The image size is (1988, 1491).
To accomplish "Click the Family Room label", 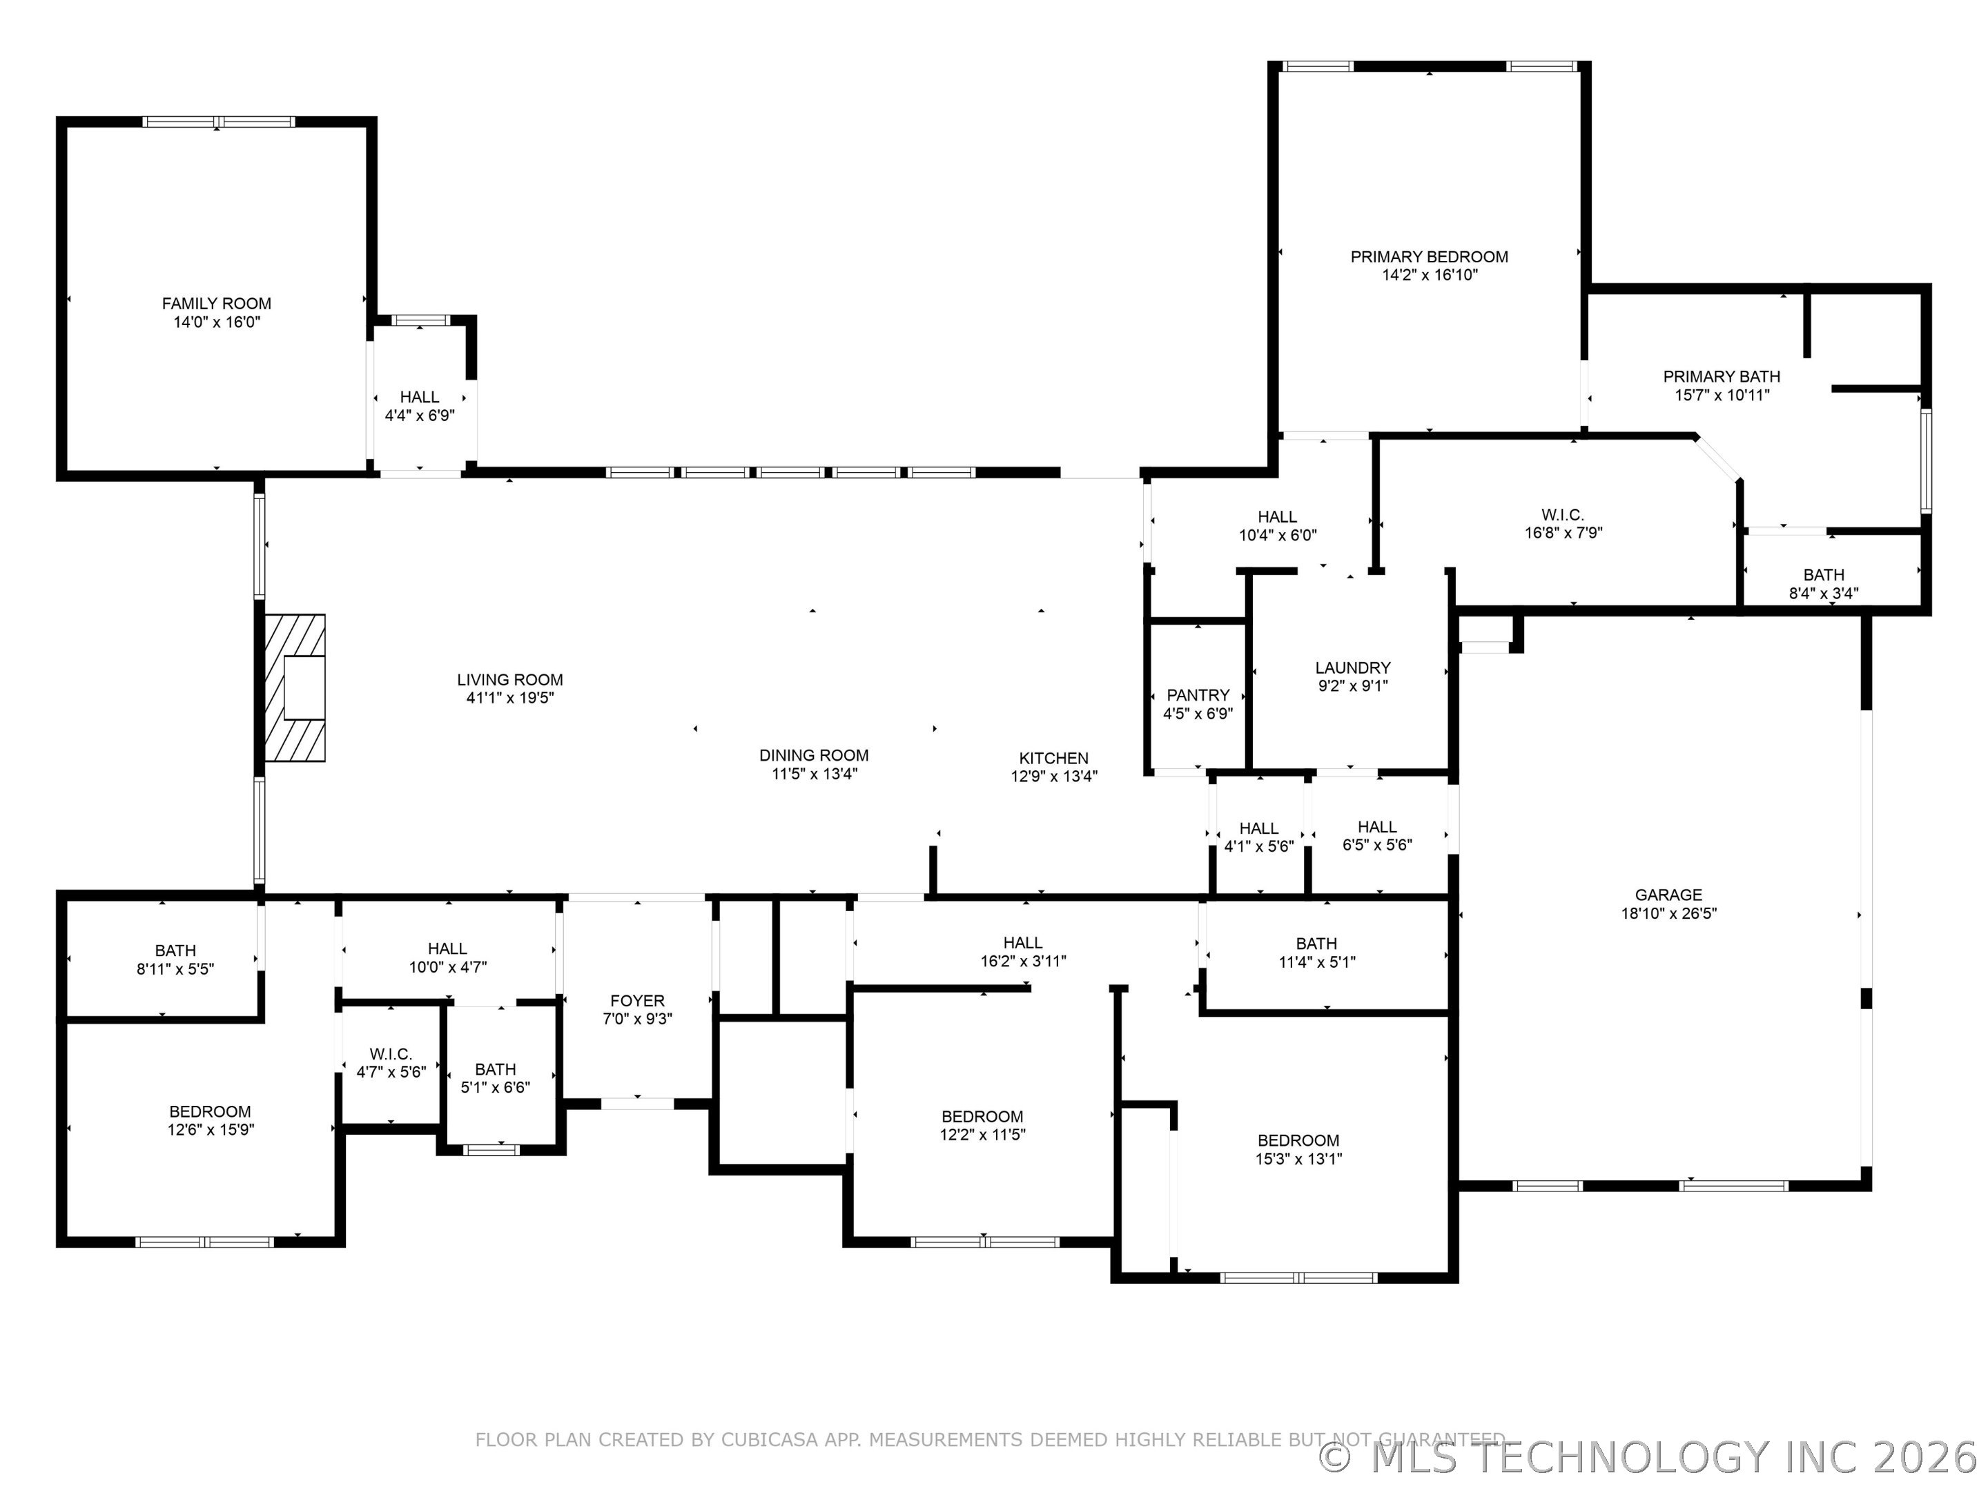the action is click(217, 304).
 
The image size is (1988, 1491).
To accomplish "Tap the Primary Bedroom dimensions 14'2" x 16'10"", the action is click(1429, 275).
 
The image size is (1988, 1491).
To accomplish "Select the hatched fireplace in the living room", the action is click(295, 688).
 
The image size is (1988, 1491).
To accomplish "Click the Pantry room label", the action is click(1198, 694).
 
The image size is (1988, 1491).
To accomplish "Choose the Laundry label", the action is click(1352, 667).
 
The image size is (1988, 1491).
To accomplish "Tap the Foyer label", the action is click(637, 1000).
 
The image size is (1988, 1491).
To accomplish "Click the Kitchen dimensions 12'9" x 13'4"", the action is click(1054, 777).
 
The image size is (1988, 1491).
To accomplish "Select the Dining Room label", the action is click(815, 755).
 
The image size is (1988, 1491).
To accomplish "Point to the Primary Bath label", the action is click(1721, 377).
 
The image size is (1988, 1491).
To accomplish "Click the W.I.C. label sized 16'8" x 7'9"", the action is click(1563, 515).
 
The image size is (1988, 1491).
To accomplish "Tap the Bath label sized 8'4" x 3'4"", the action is click(1824, 574).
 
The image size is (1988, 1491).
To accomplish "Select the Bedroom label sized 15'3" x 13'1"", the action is click(1298, 1140).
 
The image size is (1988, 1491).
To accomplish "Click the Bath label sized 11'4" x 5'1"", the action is click(1316, 943).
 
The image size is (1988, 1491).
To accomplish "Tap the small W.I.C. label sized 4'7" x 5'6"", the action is click(391, 1053).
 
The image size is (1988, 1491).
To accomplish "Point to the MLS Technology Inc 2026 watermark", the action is click(1652, 1457).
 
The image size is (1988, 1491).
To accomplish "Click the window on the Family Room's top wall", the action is click(218, 122).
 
